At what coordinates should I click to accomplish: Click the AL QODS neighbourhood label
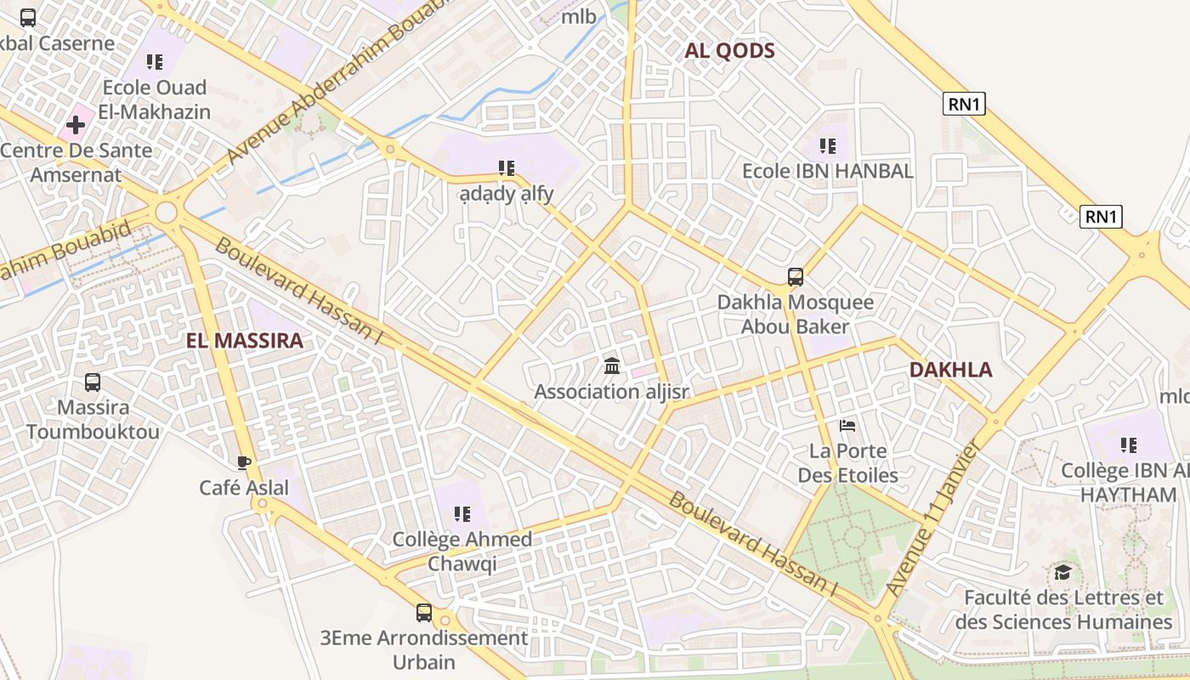click(x=729, y=51)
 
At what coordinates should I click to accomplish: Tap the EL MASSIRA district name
click(x=244, y=342)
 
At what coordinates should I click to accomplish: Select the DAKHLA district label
click(x=950, y=370)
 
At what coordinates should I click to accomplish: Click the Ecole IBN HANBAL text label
click(x=828, y=171)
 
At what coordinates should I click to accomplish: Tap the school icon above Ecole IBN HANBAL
click(x=828, y=146)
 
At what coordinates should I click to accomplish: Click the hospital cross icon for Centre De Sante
click(x=76, y=126)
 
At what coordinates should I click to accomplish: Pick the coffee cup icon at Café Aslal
click(x=244, y=462)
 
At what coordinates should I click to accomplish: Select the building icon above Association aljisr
click(x=611, y=366)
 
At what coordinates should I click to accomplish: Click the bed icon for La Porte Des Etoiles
click(x=847, y=426)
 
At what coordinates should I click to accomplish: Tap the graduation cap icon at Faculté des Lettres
click(x=1062, y=573)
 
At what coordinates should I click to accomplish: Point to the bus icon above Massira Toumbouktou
click(x=93, y=382)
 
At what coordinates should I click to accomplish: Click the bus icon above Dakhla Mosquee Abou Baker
click(x=796, y=277)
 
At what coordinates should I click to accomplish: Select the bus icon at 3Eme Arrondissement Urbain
click(x=423, y=612)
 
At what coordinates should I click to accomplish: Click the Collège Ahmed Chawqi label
click(x=462, y=552)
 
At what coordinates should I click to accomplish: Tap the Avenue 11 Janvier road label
click(x=933, y=518)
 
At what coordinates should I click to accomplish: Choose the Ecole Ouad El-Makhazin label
click(x=155, y=99)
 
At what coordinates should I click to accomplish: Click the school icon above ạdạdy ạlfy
click(x=507, y=168)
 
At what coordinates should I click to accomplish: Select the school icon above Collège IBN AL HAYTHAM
click(x=1129, y=445)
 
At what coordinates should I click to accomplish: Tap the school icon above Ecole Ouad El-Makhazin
click(x=155, y=61)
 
